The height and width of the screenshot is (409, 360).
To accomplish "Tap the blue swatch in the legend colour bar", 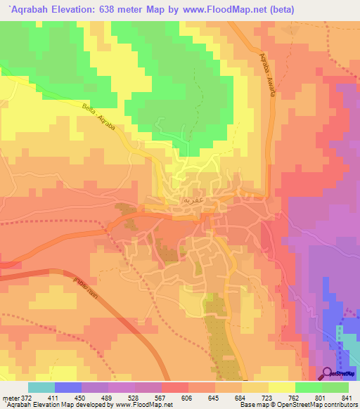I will point(68,387).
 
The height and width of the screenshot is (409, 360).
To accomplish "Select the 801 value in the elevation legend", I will point(319,397).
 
